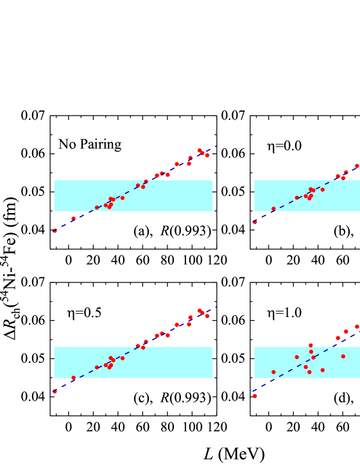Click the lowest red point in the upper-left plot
(x=55, y=230)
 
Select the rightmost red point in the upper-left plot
(x=207, y=155)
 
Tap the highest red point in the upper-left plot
(x=200, y=150)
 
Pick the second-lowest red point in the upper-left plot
(x=73, y=218)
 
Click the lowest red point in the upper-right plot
(x=255, y=222)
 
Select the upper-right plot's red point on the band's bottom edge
(x=273, y=209)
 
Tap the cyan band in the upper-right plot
(x=334, y=200)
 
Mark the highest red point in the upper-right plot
(x=357, y=166)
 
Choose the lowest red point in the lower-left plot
(x=55, y=391)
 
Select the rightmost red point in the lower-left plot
(x=207, y=316)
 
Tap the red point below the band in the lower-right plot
(x=255, y=396)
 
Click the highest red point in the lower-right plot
(x=357, y=326)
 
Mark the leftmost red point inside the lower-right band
(x=273, y=372)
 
